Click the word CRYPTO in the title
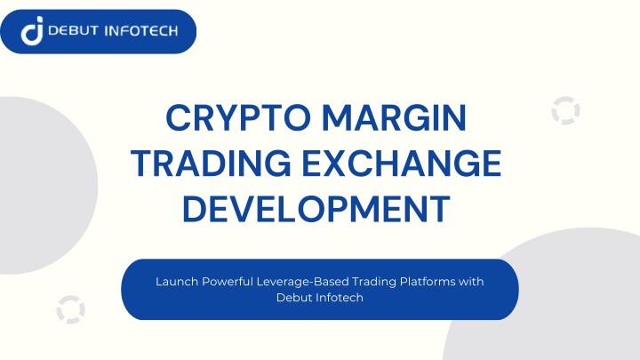pyautogui.click(x=238, y=117)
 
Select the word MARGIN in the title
pyautogui.click(x=395, y=117)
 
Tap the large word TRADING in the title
pyautogui.click(x=211, y=164)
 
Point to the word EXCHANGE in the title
pyautogui.click(x=402, y=164)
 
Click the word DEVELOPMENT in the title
pyautogui.click(x=316, y=209)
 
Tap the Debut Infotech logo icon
pyautogui.click(x=32, y=30)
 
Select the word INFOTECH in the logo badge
pyautogui.click(x=141, y=31)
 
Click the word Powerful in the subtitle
pyautogui.click(x=228, y=282)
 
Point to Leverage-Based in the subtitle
pyautogui.click(x=302, y=283)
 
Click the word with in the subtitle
pyautogui.click(x=471, y=282)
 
